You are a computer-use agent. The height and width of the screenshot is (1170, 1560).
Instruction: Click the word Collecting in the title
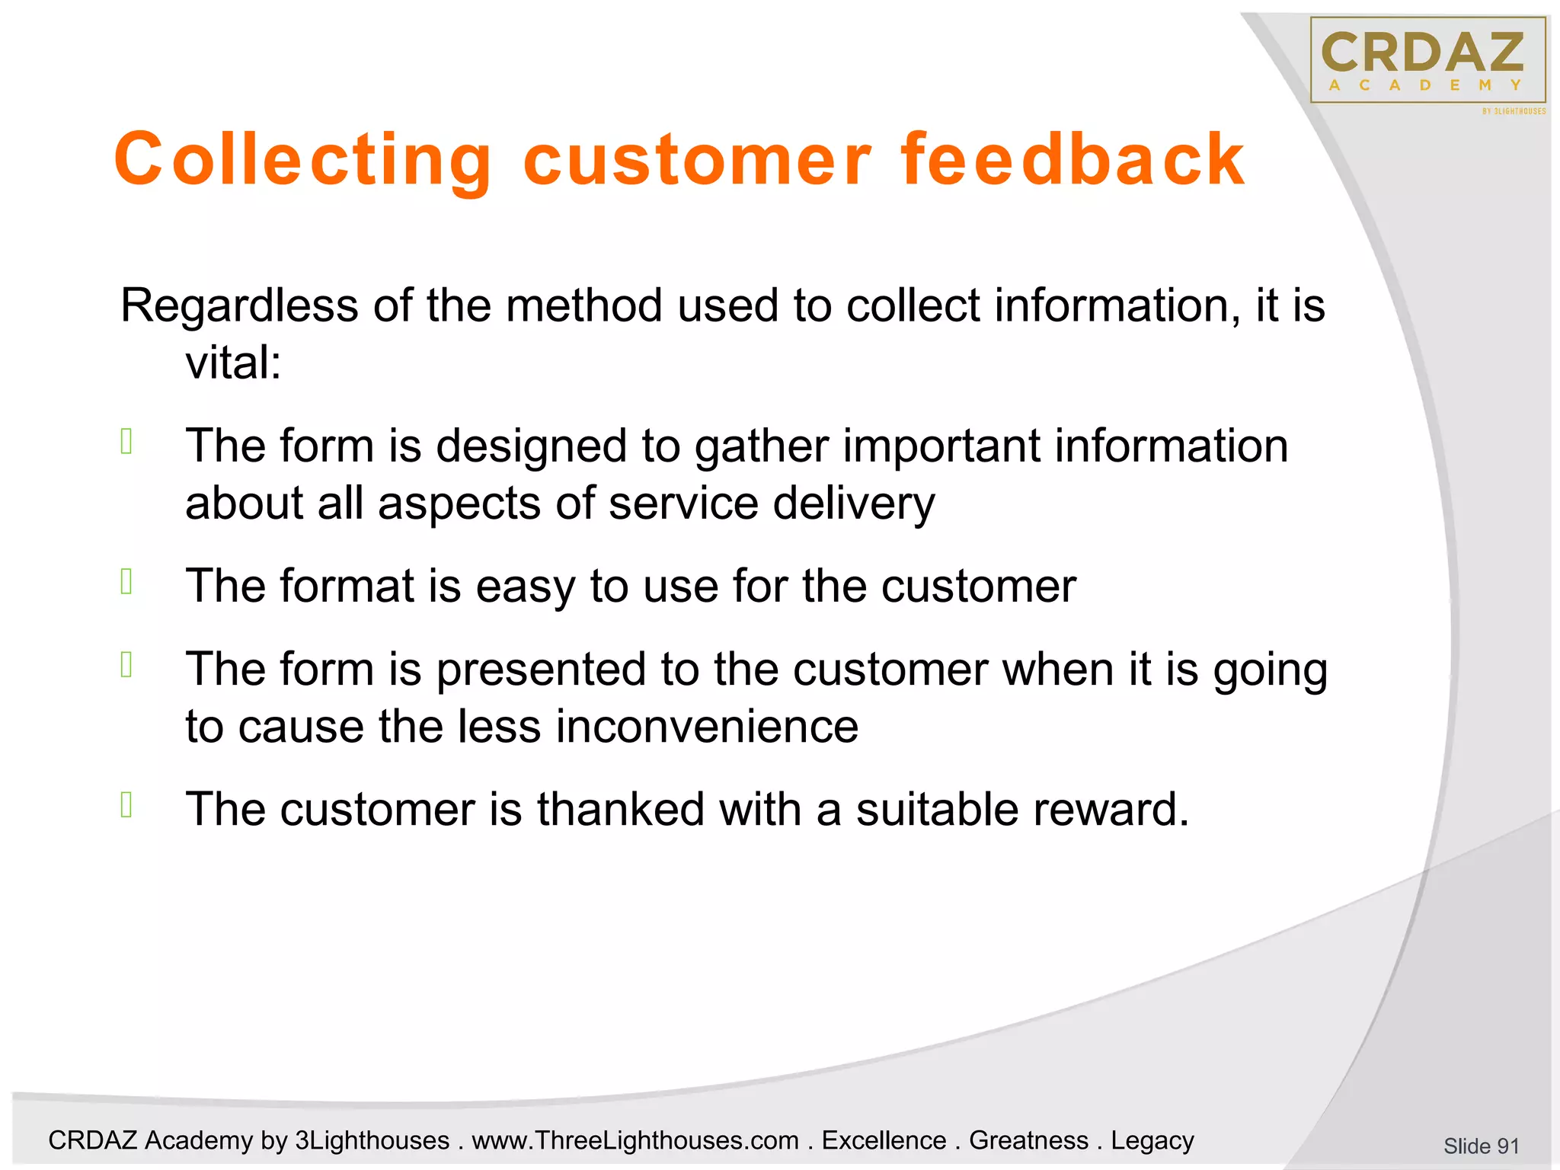pyautogui.click(x=303, y=160)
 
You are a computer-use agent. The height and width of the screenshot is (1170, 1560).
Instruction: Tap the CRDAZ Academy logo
pyautogui.click(x=1427, y=61)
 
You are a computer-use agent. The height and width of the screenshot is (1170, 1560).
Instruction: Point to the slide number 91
pyautogui.click(x=1481, y=1146)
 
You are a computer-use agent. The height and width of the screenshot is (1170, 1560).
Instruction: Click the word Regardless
pyautogui.click(x=239, y=306)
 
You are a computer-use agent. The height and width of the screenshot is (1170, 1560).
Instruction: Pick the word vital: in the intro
pyautogui.click(x=233, y=363)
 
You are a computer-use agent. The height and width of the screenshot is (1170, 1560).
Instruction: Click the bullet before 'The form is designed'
pyautogui.click(x=127, y=442)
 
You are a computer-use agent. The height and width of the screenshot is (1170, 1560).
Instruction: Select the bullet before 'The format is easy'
pyautogui.click(x=127, y=582)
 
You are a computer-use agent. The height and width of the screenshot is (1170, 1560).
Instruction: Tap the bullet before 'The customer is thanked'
pyautogui.click(x=127, y=804)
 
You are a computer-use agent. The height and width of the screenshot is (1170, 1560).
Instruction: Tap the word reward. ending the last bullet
pyautogui.click(x=1111, y=809)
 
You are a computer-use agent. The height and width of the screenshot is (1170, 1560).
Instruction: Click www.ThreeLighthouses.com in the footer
pyautogui.click(x=635, y=1140)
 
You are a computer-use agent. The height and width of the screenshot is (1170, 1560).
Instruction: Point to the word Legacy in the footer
pyautogui.click(x=1152, y=1140)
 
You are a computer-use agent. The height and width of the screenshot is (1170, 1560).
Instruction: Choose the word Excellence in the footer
pyautogui.click(x=884, y=1140)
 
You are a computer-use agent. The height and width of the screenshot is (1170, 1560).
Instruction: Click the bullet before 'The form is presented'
pyautogui.click(x=127, y=666)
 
